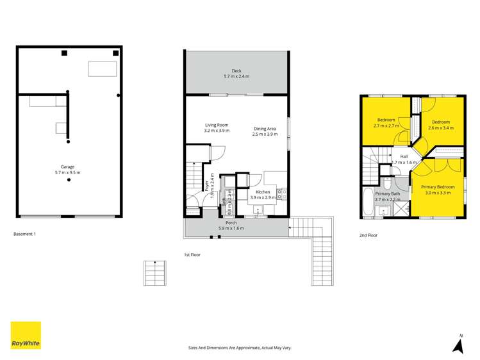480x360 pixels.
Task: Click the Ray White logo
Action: coord(26,335)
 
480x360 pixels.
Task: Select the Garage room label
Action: coord(67,167)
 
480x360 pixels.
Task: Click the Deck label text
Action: coord(236,71)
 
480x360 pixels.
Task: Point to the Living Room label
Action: coord(217,125)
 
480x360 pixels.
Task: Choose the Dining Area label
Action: coord(264,128)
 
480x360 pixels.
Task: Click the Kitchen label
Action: coord(263,192)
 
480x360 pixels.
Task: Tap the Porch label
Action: coord(231,223)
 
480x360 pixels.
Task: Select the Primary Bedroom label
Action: coord(438,187)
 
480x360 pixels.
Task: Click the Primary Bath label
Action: coord(387,193)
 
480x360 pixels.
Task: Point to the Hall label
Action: coord(404,156)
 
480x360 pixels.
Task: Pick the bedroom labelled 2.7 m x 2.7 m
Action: coord(386,120)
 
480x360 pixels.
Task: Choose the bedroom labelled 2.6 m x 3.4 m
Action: coord(440,122)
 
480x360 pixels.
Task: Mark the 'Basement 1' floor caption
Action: coord(24,234)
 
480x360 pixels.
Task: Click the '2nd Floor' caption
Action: coord(368,236)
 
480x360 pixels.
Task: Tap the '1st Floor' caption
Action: coord(192,255)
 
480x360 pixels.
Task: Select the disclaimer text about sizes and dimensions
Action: coord(239,347)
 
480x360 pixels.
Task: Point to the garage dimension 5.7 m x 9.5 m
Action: coord(67,173)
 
